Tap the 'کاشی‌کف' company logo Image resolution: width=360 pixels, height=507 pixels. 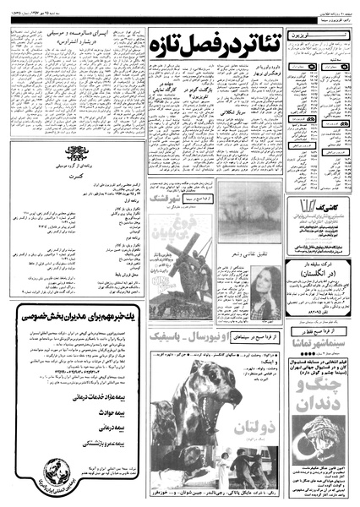coord(324,208)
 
